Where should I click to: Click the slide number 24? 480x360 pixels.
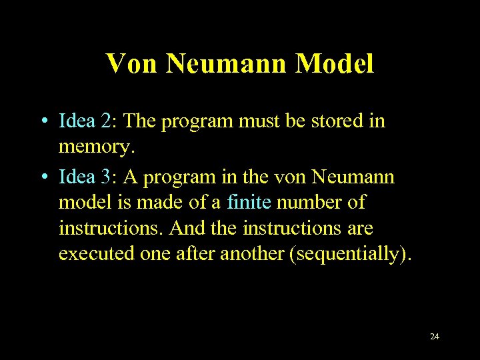(x=435, y=336)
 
